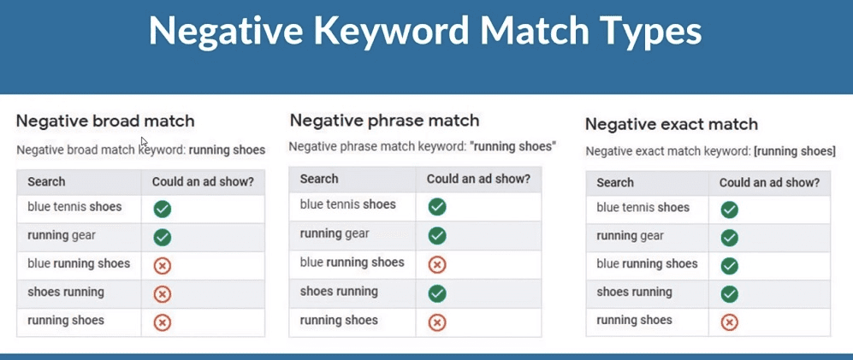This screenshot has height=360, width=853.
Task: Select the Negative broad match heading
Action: pyautogui.click(x=105, y=121)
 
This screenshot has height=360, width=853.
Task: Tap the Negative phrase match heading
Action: pyautogui.click(x=384, y=120)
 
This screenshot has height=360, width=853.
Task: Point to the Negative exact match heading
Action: pyautogui.click(x=672, y=124)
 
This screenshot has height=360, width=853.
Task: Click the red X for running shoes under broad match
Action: pyautogui.click(x=162, y=322)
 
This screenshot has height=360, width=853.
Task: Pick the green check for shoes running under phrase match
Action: pyautogui.click(x=437, y=293)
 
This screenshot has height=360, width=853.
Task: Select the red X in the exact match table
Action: pyautogui.click(x=729, y=322)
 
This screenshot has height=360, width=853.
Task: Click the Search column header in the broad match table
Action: pyautogui.click(x=46, y=182)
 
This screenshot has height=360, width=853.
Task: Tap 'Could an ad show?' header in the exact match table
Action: pyautogui.click(x=769, y=182)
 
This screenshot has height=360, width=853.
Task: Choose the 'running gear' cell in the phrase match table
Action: pyautogui.click(x=335, y=233)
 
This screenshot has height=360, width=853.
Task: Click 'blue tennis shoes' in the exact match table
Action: pyautogui.click(x=643, y=207)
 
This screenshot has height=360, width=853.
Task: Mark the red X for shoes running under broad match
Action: pyautogui.click(x=162, y=294)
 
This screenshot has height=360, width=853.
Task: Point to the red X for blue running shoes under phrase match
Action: pyautogui.click(x=437, y=264)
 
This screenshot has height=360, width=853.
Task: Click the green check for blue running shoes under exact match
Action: pyautogui.click(x=729, y=265)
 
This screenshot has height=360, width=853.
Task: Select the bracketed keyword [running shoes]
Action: pyautogui.click(x=794, y=151)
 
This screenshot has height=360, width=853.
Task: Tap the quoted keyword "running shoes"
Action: pyautogui.click(x=513, y=147)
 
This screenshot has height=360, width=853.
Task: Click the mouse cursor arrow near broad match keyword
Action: pyautogui.click(x=145, y=142)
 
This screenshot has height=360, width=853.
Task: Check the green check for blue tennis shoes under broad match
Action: pyautogui.click(x=162, y=208)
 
